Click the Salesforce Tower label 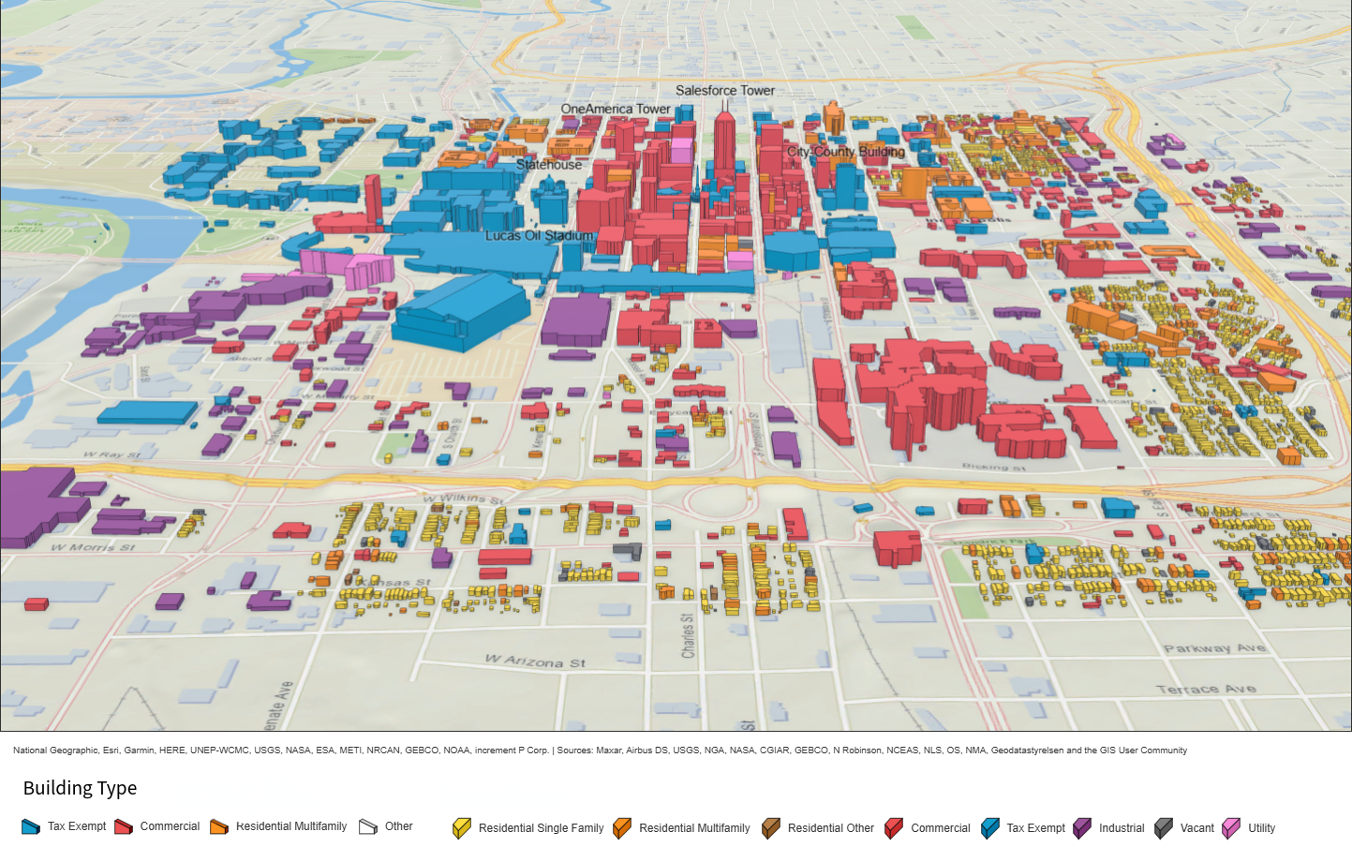(x=724, y=91)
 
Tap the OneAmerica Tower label (x=616, y=109)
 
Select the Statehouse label (x=549, y=164)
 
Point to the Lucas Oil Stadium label (x=539, y=235)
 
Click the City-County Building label (x=845, y=151)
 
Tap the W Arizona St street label (x=535, y=661)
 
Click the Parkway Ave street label (x=1214, y=647)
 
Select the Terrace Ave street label (x=1205, y=689)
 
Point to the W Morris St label (x=93, y=547)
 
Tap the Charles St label (x=688, y=635)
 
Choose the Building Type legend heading (x=80, y=788)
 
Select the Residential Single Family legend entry (x=540, y=828)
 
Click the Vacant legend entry (x=1196, y=828)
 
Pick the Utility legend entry (x=1260, y=828)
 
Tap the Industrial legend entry (x=1121, y=828)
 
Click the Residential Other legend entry (x=829, y=828)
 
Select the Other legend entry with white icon (x=397, y=826)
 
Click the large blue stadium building (x=461, y=309)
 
